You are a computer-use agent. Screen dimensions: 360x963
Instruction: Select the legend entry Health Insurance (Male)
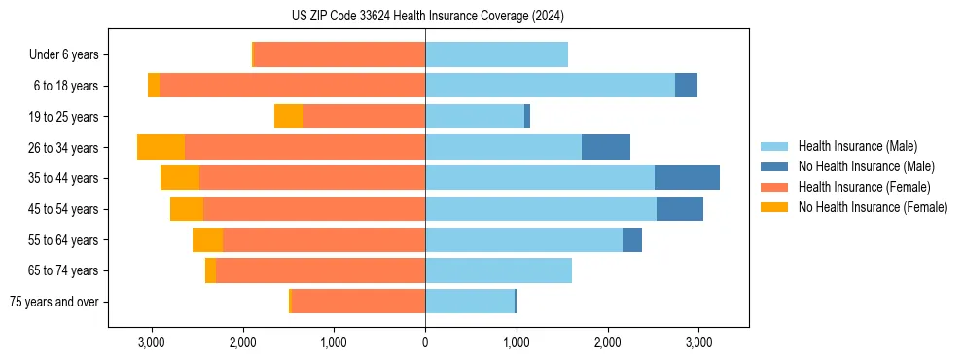click(856, 146)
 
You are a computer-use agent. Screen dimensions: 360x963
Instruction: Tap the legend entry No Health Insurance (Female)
click(873, 207)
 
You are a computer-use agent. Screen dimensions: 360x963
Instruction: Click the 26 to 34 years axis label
click(63, 148)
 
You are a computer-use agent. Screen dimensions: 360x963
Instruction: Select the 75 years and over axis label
click(54, 302)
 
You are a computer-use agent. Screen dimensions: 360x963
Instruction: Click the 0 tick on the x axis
click(425, 342)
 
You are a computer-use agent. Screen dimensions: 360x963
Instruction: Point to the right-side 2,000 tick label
click(607, 342)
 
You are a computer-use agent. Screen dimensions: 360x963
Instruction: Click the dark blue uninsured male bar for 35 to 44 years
click(687, 178)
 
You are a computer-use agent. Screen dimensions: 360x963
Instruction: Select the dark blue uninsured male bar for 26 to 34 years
click(606, 147)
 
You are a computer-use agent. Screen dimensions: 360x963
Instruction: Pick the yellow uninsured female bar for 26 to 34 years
click(161, 147)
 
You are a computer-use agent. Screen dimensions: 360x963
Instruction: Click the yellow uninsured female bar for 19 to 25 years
click(289, 117)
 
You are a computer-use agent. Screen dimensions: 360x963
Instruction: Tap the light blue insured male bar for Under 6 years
click(496, 54)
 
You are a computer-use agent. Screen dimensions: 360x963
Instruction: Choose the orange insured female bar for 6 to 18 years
click(292, 86)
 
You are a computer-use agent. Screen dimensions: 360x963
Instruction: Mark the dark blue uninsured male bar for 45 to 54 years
click(680, 209)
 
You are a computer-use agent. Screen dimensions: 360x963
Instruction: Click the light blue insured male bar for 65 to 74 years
click(498, 270)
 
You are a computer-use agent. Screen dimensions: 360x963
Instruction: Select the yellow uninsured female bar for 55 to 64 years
click(208, 240)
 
